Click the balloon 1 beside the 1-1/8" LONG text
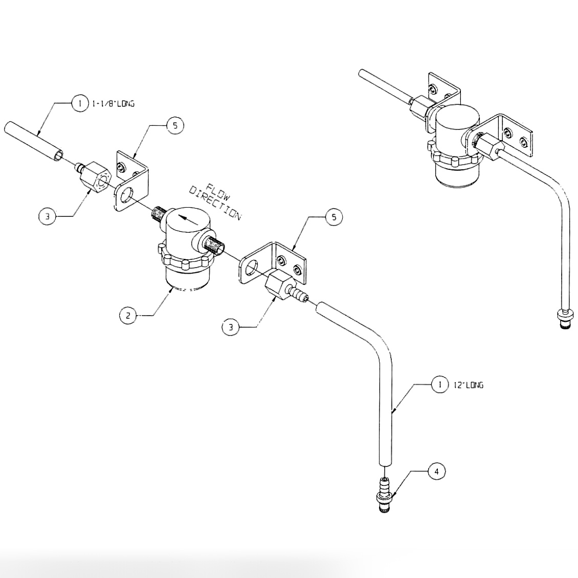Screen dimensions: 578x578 (x=80, y=104)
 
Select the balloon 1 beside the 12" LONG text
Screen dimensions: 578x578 (x=439, y=385)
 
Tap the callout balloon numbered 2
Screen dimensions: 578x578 (x=128, y=316)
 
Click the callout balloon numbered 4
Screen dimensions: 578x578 (x=436, y=472)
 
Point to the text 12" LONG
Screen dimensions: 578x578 (x=468, y=385)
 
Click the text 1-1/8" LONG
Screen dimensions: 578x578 (x=113, y=104)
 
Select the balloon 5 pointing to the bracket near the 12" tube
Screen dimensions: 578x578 (x=334, y=217)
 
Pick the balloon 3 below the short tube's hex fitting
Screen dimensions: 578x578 (x=47, y=216)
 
